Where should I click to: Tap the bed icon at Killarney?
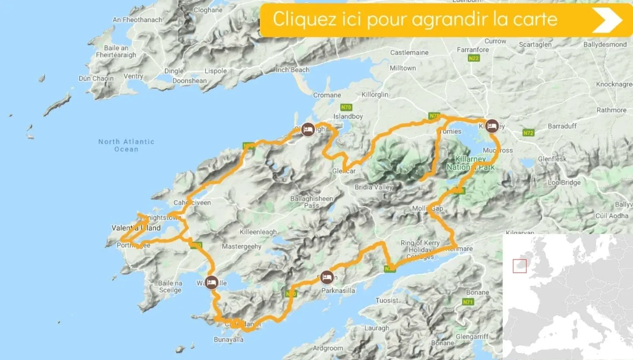(x=492, y=126)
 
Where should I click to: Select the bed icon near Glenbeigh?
(x=308, y=129)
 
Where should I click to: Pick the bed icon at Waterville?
(x=211, y=282)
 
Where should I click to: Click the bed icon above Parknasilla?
(x=327, y=277)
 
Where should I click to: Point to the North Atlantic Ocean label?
(x=126, y=145)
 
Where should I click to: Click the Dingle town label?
(x=174, y=71)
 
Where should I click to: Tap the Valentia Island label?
(x=136, y=228)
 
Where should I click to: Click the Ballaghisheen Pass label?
(x=312, y=202)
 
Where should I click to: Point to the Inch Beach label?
(x=292, y=70)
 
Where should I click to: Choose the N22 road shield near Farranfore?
(x=473, y=59)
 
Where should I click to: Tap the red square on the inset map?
(x=520, y=266)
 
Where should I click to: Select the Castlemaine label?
(x=409, y=53)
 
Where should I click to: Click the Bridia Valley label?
(x=374, y=187)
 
